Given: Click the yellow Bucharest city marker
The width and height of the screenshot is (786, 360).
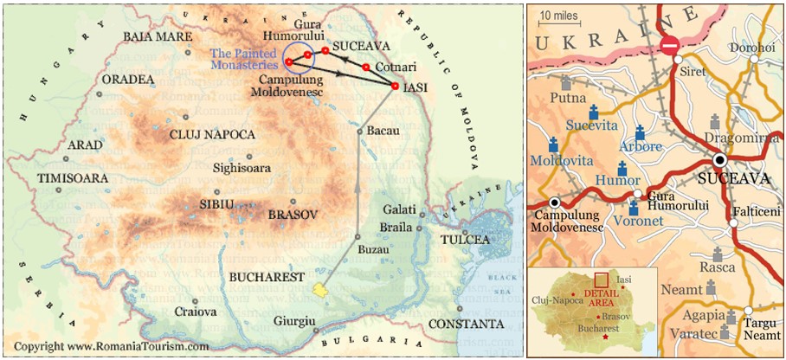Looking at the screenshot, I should pyautogui.click(x=320, y=291).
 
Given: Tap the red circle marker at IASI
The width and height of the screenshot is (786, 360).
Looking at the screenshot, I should pyautogui.click(x=396, y=87).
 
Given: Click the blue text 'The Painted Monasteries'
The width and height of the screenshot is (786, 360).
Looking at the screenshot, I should pyautogui.click(x=246, y=59).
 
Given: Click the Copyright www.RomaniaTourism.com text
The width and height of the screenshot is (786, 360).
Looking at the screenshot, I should pyautogui.click(x=111, y=346).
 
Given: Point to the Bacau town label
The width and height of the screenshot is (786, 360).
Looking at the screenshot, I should pyautogui.click(x=385, y=131).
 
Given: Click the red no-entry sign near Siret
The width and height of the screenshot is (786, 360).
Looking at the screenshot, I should pyautogui.click(x=670, y=45).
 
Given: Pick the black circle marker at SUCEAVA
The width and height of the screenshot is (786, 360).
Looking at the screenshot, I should pyautogui.click(x=719, y=160).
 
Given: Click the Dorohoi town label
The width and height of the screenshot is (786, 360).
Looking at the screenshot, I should pyautogui.click(x=753, y=48).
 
